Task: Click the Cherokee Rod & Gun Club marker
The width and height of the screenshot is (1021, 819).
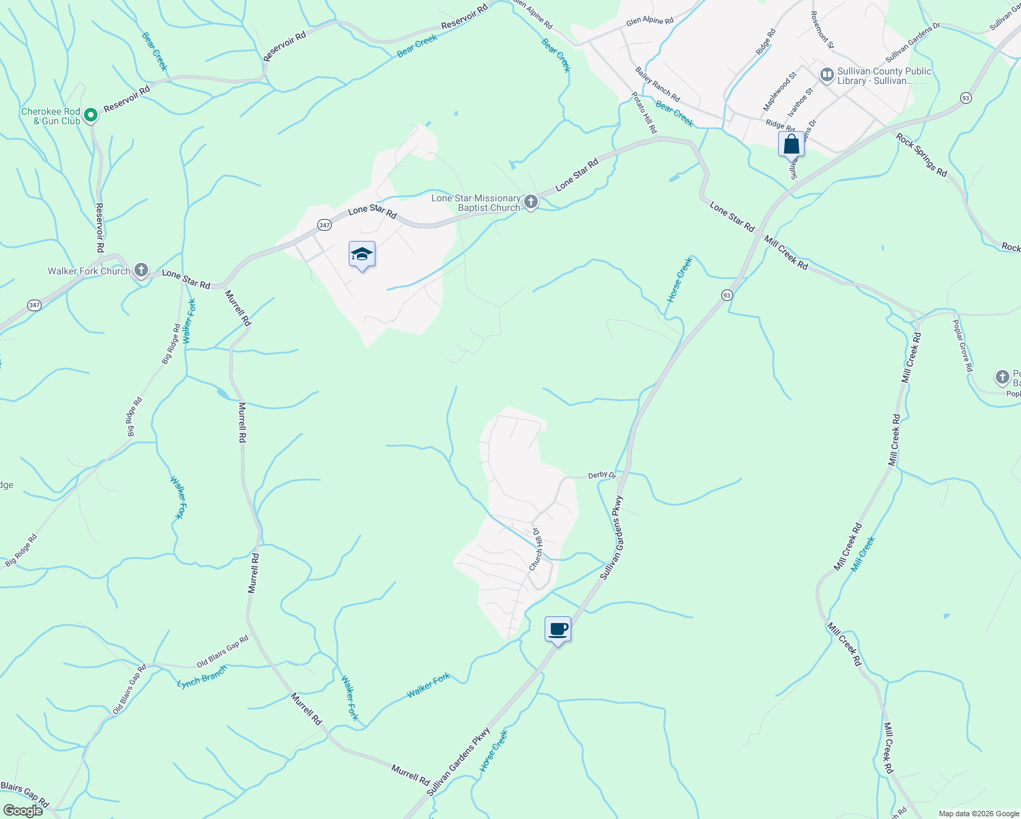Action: (x=90, y=116)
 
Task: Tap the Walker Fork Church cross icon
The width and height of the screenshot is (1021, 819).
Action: (x=141, y=271)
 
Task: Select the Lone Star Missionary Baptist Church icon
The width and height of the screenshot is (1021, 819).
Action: (x=531, y=202)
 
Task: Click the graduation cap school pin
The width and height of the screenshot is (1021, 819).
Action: (x=362, y=255)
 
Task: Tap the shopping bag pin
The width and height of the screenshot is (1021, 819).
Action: (x=791, y=145)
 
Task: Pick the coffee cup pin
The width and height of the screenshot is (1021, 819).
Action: (x=558, y=629)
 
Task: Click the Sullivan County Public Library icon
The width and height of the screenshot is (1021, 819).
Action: (x=827, y=75)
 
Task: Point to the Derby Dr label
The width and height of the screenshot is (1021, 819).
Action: (x=602, y=475)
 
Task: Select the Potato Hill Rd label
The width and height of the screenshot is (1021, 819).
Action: (x=644, y=113)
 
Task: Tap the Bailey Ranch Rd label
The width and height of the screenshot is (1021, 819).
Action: (x=657, y=84)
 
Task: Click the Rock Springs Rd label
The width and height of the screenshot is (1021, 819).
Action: (x=921, y=155)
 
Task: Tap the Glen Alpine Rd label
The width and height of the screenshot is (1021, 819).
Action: (x=650, y=20)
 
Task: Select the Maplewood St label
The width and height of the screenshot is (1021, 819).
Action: (x=779, y=92)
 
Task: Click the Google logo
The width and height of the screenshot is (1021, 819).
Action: (x=23, y=811)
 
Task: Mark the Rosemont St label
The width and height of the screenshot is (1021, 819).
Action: (x=822, y=29)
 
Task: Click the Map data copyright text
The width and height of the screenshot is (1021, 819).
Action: (x=979, y=814)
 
